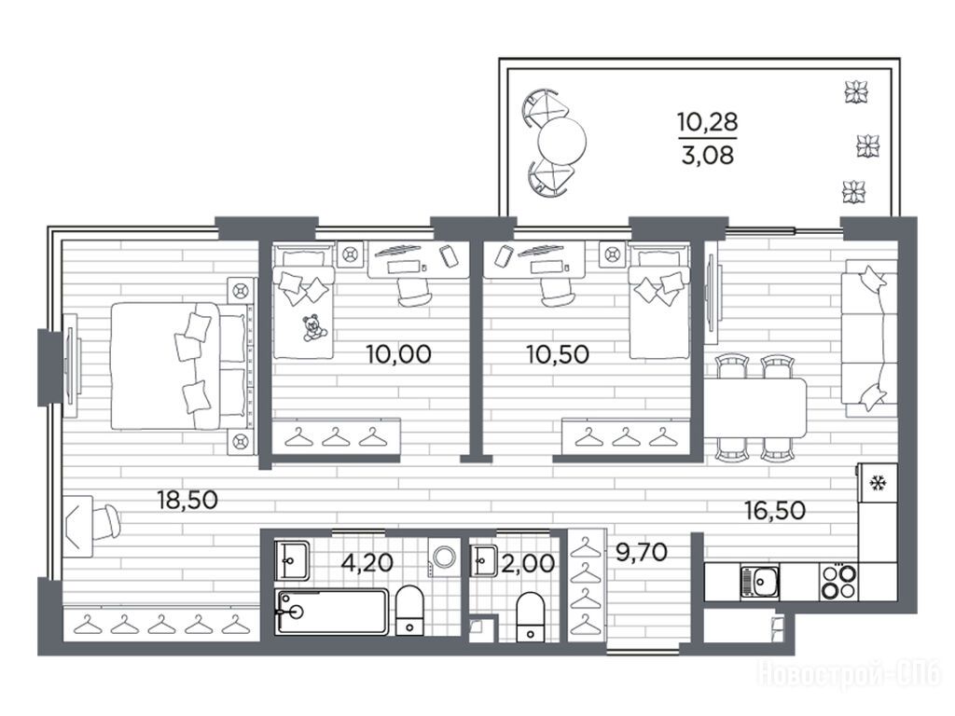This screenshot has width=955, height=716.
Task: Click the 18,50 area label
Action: pos(187,500)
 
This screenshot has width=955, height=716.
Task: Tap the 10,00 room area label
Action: pos(399,353)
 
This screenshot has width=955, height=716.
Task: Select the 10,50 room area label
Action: pos(558,353)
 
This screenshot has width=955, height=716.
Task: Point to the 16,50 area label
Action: pos(775,510)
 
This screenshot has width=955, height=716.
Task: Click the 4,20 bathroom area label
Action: pos(367,562)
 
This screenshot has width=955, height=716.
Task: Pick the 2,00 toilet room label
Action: pos(528,563)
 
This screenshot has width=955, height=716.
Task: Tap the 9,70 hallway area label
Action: pos(642,552)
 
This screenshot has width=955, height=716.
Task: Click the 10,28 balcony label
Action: pos(708,122)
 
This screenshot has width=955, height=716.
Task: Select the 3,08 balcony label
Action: pos(708,156)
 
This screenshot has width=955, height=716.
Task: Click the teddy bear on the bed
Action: pos(313,327)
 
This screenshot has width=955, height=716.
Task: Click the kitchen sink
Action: pos(759,582)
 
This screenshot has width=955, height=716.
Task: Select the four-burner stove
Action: pos(838,582)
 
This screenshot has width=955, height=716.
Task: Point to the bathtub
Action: pos(331,612)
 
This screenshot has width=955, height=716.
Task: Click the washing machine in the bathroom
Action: pos(443,557)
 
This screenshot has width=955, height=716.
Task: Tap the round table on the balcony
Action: pos(561,142)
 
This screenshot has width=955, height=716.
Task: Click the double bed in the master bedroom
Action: pos(180,365)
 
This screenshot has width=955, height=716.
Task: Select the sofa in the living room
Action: pos(868,337)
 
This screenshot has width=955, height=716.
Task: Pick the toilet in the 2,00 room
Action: pos(530,617)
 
